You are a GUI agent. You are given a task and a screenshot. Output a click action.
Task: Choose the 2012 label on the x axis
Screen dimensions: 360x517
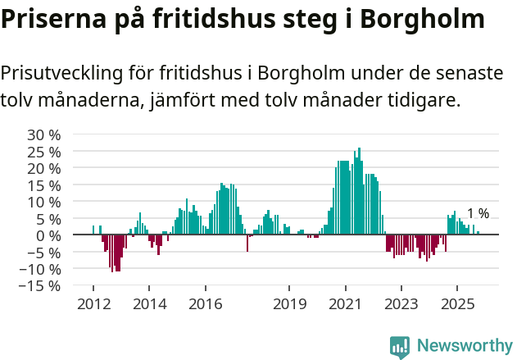click(x=93, y=303)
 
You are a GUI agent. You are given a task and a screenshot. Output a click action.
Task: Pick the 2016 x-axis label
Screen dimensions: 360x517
click(x=205, y=303)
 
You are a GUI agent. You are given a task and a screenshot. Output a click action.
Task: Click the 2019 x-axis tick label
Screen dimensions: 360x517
click(x=289, y=303)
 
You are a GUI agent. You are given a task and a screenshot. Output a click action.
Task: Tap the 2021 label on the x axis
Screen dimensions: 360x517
click(x=345, y=303)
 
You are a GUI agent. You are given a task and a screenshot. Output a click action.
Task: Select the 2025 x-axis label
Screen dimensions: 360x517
click(x=457, y=303)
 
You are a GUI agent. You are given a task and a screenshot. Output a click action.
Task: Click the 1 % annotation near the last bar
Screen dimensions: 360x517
click(x=478, y=214)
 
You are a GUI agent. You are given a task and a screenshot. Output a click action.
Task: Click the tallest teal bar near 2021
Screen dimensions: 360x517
click(x=359, y=190)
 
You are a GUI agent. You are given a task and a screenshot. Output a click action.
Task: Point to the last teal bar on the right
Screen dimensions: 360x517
click(x=478, y=233)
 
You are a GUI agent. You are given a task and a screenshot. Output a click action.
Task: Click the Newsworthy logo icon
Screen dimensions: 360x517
click(x=400, y=347)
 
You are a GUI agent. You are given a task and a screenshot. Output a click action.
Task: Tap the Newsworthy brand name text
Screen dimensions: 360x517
click(x=464, y=346)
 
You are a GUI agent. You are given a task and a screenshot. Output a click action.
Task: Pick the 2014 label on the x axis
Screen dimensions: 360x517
click(x=148, y=303)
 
